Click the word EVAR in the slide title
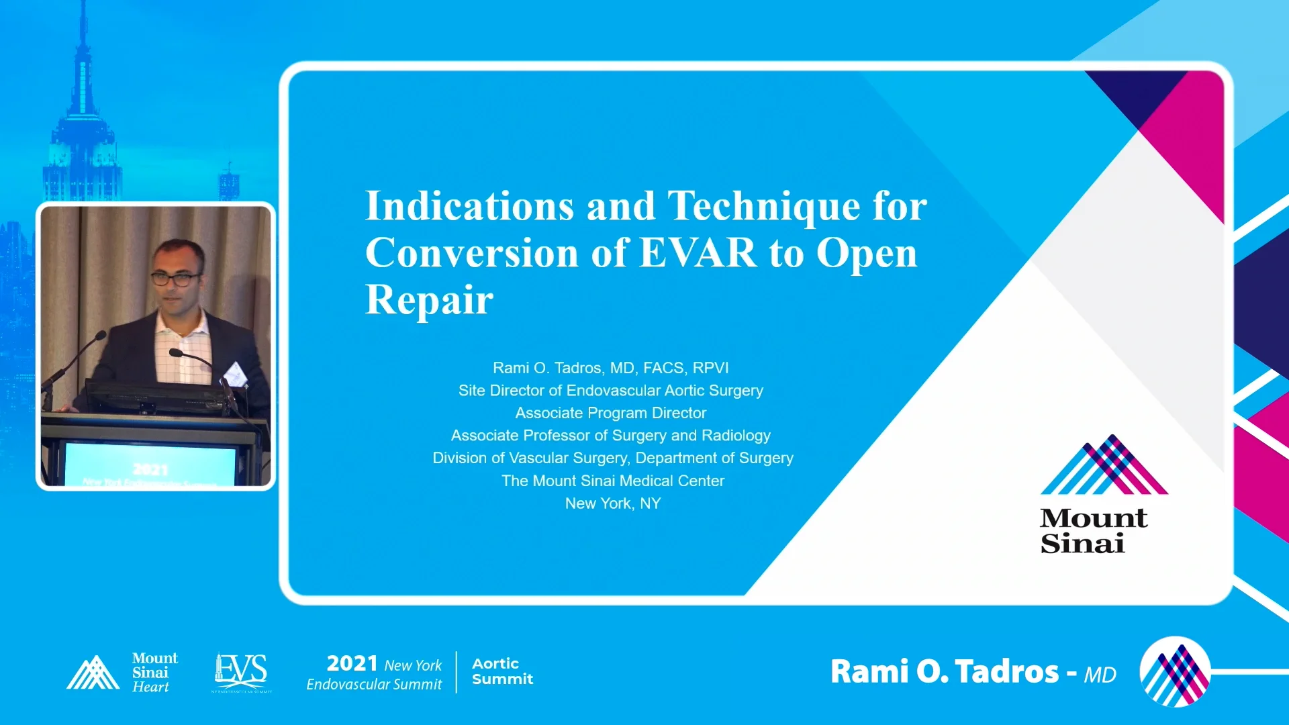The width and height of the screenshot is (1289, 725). (x=698, y=253)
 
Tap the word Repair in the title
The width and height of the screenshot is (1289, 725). (x=429, y=299)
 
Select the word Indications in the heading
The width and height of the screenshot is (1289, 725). (x=469, y=205)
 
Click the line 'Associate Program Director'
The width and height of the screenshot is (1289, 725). (x=610, y=413)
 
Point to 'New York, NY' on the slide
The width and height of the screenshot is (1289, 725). (x=612, y=503)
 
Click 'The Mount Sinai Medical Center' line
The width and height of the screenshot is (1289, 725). (x=612, y=481)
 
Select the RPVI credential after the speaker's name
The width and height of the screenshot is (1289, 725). (x=710, y=368)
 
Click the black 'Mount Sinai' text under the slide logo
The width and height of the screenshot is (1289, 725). (x=1093, y=531)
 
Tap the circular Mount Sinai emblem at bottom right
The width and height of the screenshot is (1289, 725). (x=1175, y=671)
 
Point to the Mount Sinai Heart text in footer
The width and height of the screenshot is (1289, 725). (x=154, y=672)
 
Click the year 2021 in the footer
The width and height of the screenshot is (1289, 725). (x=352, y=663)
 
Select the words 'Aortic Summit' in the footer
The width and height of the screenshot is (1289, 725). (x=502, y=671)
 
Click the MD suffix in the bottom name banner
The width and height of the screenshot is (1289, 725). (x=1100, y=675)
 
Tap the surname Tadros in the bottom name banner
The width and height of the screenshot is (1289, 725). (x=1006, y=671)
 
